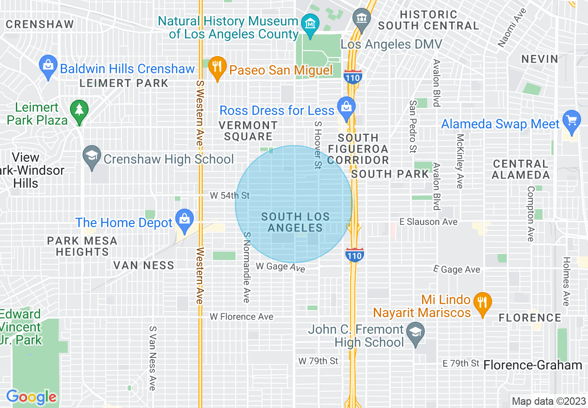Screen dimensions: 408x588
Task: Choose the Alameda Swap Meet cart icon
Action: click(571, 120)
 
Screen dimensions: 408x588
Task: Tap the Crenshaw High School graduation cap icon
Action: click(92, 155)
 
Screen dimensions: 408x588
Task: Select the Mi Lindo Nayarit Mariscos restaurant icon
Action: click(482, 302)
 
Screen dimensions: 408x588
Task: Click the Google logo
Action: click(31, 397)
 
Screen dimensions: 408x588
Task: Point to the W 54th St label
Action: click(230, 196)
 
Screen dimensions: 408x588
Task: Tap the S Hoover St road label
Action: click(318, 145)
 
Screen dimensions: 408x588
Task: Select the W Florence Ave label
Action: click(242, 317)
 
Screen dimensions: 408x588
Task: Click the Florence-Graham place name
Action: click(532, 365)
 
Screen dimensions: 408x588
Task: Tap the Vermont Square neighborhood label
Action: click(248, 131)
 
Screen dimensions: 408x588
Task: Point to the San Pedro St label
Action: click(412, 126)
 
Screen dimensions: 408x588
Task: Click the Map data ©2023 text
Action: click(547, 401)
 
